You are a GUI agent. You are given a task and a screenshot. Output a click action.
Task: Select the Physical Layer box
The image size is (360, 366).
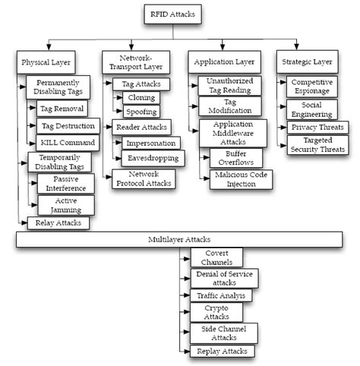tap(44, 61)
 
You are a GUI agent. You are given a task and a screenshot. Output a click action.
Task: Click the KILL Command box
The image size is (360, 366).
tap(68, 142)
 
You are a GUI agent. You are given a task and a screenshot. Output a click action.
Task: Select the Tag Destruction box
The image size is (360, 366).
tap(68, 125)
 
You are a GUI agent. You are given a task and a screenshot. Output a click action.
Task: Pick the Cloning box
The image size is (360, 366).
tap(142, 98)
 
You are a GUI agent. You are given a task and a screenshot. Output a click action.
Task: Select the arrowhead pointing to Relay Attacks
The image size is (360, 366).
tap(26, 222)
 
